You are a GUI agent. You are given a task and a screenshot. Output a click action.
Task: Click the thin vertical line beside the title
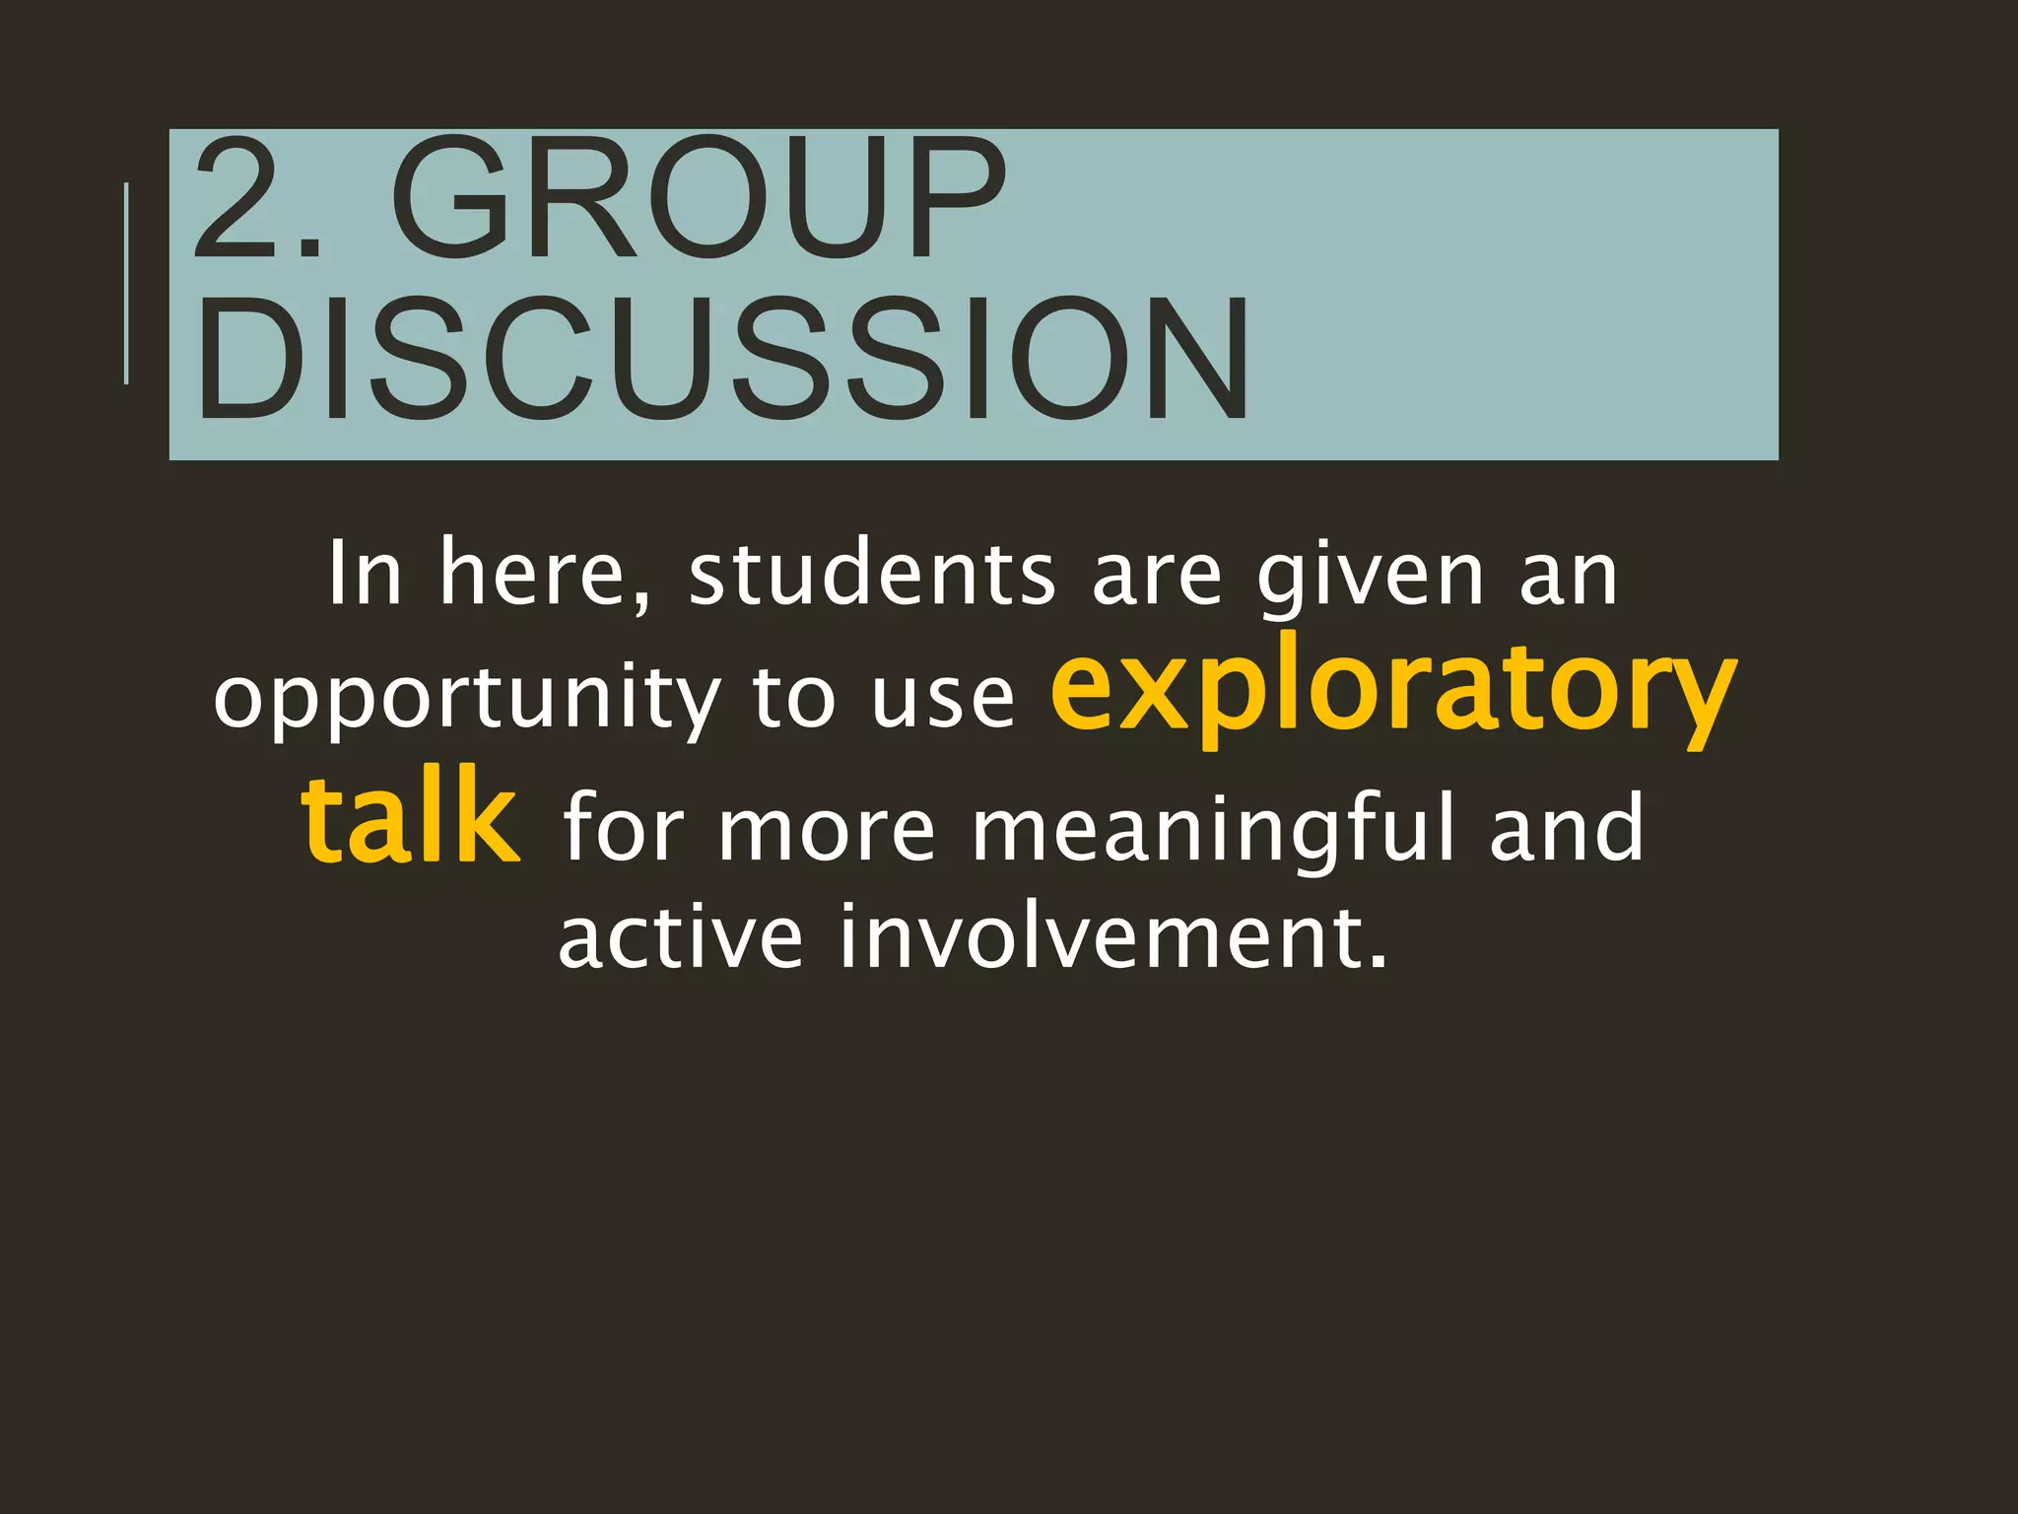coord(126,283)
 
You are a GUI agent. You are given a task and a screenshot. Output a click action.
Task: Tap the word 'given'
coord(1371,577)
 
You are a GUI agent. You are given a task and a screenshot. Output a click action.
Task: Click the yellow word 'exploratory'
coord(1392,690)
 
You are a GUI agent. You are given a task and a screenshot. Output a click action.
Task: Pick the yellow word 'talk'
coord(410,818)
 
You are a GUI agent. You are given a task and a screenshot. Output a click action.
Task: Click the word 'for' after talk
coord(623,828)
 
